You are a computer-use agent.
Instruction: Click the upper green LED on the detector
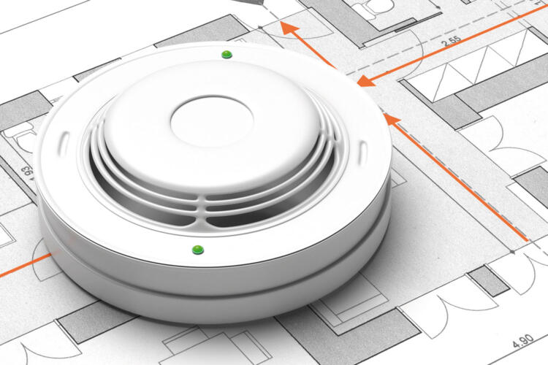(x=227, y=54)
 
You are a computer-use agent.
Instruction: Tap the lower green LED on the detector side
(x=198, y=250)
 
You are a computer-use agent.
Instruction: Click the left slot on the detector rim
(x=64, y=143)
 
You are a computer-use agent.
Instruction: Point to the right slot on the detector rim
(x=362, y=153)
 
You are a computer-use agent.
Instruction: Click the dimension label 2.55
(x=452, y=42)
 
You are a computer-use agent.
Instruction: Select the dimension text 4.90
(x=523, y=341)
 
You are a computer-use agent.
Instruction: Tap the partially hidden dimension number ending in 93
(x=27, y=174)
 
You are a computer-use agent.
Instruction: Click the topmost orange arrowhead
(x=290, y=28)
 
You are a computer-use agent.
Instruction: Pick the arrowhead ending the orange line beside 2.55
(x=365, y=81)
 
